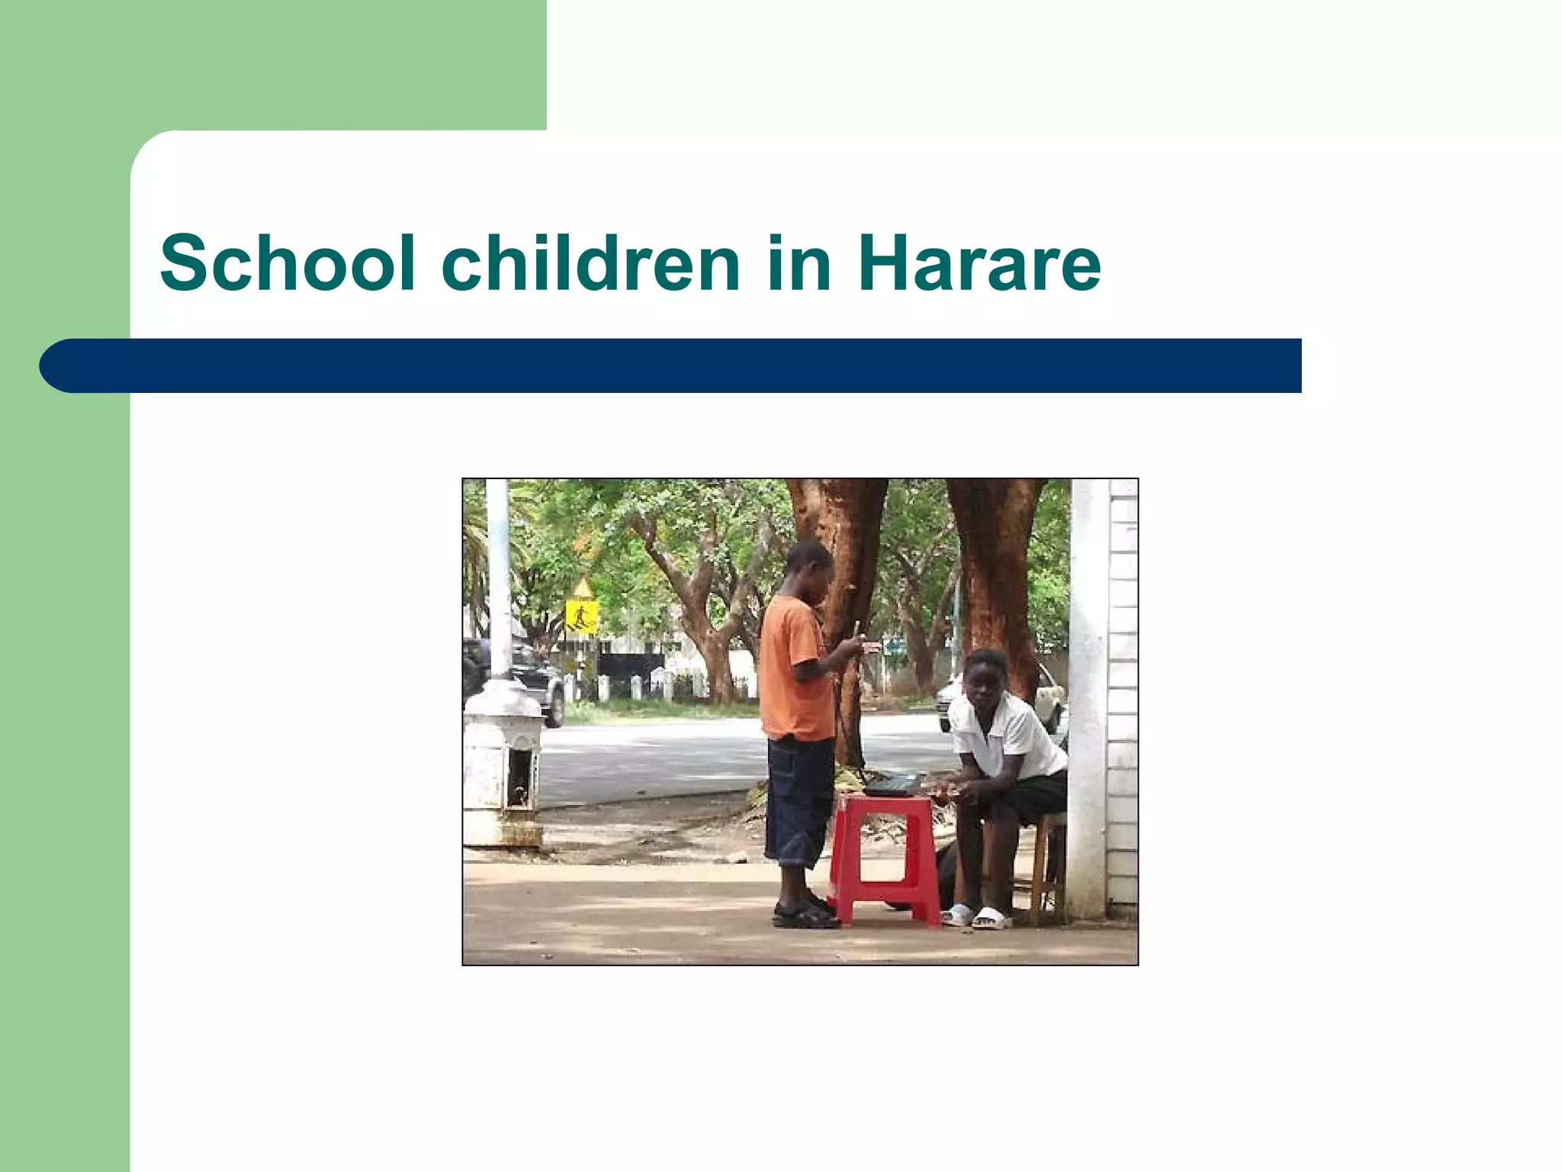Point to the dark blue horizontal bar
tap(671, 365)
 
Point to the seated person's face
tap(985, 681)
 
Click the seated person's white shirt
tap(1007, 736)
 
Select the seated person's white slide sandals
tap(976, 916)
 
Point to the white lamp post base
tap(501, 763)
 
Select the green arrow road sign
tap(893, 649)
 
